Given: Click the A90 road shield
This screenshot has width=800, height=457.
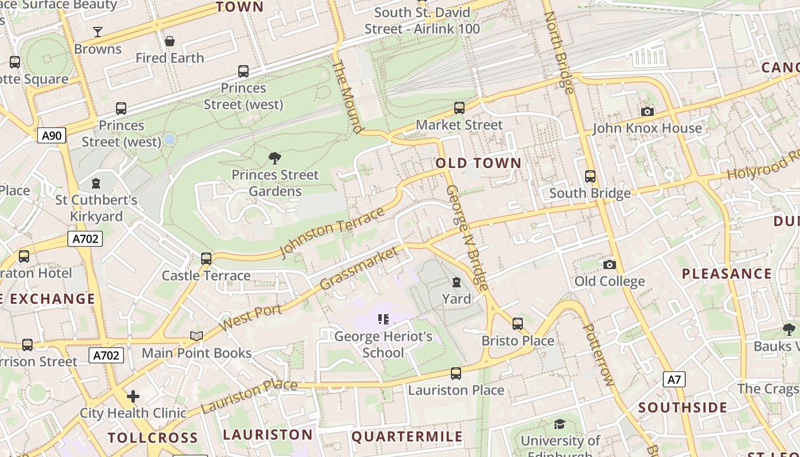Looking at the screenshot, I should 52,135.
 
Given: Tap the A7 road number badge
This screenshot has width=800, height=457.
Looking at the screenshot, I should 674,379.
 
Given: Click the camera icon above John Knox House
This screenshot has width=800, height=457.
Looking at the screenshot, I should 647,111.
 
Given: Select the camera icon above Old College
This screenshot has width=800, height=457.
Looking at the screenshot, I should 610,264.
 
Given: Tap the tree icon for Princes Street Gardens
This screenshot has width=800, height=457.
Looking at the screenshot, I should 275,158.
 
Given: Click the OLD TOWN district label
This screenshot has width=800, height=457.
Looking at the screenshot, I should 479,163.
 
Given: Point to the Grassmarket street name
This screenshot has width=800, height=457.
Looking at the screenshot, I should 358,268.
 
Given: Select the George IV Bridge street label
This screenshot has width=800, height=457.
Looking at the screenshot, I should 467,238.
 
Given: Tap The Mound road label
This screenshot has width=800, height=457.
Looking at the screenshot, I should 347,97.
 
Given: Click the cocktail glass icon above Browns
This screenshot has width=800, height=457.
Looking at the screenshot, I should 98,32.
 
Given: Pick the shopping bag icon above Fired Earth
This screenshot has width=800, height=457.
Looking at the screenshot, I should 170,41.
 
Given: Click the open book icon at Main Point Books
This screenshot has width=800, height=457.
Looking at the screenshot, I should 197,336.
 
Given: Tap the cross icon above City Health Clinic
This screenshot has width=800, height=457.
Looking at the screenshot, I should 133,396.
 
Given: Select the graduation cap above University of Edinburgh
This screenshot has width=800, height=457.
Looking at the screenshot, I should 559,424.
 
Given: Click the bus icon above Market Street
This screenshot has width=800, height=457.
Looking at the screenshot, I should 459,108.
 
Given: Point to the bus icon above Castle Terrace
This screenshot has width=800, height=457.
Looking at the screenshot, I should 206,259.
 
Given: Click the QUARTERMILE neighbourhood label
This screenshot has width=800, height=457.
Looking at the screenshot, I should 407,437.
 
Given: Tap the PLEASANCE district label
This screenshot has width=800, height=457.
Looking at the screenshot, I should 727,274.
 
